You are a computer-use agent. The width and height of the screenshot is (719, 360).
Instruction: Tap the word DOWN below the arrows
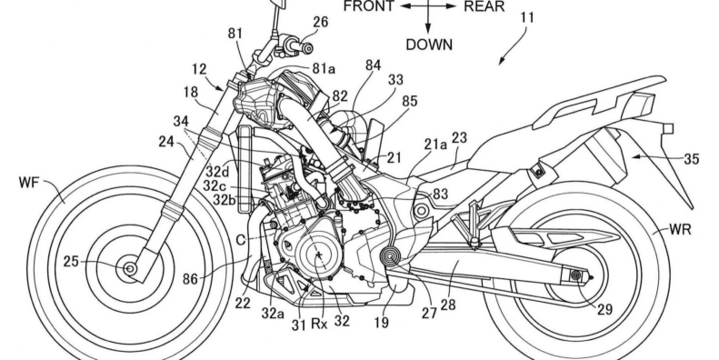click(x=428, y=43)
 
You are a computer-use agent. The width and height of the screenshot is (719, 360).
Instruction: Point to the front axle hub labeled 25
click(x=132, y=269)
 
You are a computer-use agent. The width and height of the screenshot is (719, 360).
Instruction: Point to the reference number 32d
click(x=217, y=169)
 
